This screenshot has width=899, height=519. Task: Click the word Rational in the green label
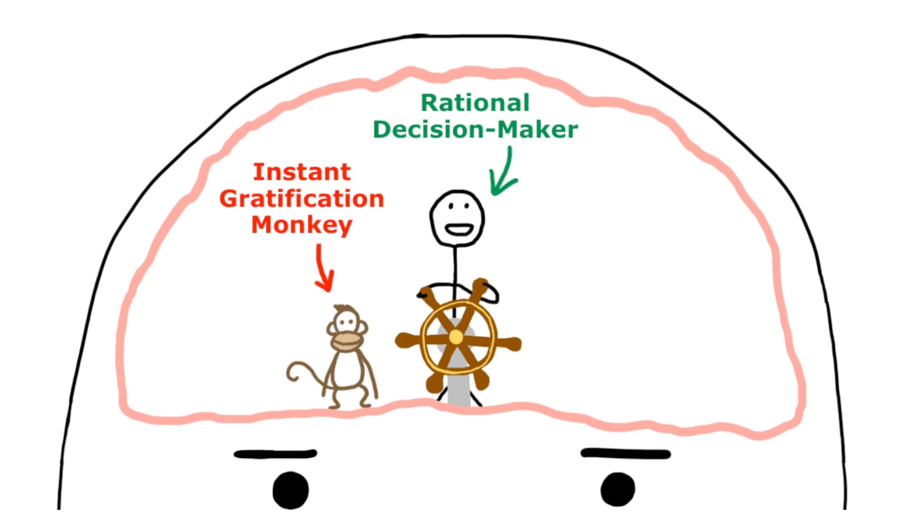click(x=475, y=103)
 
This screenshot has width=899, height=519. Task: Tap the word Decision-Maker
click(x=475, y=129)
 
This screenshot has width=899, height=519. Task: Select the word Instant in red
click(x=301, y=172)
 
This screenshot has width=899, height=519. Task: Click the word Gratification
click(x=301, y=199)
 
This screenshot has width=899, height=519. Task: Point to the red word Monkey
click(x=301, y=225)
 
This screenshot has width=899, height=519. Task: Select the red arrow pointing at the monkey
click(x=323, y=268)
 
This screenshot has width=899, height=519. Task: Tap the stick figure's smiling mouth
click(x=459, y=230)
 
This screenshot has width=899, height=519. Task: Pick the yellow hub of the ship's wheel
click(x=456, y=337)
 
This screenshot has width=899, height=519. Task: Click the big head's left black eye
click(x=291, y=490)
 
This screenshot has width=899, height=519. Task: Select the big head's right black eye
click(x=618, y=489)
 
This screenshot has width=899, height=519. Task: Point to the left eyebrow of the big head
click(x=275, y=454)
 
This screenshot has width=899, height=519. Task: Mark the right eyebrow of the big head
click(x=626, y=453)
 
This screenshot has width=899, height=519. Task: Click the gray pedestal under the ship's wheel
click(x=457, y=390)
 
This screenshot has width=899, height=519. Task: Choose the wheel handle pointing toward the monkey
click(x=405, y=339)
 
